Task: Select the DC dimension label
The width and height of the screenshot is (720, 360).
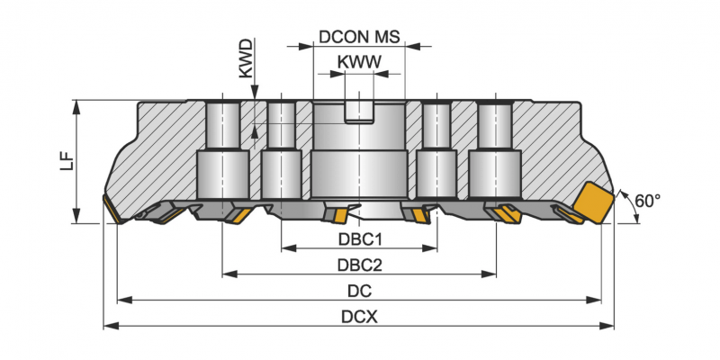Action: pos(360,291)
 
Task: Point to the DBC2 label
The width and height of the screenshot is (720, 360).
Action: pos(360,265)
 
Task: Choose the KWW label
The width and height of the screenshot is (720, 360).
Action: pos(359,62)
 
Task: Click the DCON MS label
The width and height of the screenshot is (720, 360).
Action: pos(359,39)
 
